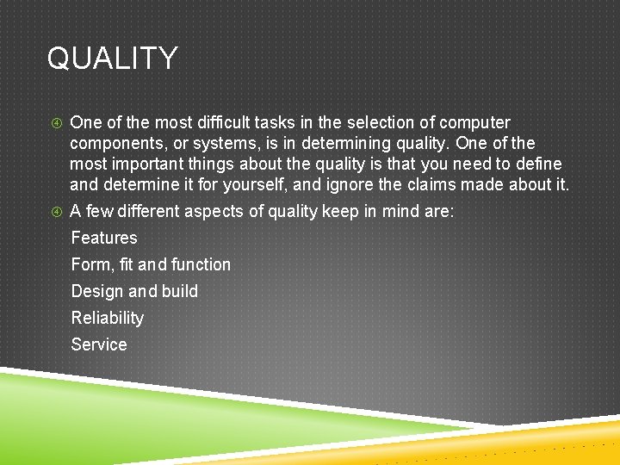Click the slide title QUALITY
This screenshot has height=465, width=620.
point(112,59)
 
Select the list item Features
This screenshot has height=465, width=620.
point(104,238)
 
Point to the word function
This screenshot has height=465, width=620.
point(201,264)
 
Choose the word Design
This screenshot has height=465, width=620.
point(97,291)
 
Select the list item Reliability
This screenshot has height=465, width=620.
point(108,318)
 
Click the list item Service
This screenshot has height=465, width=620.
point(99,344)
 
